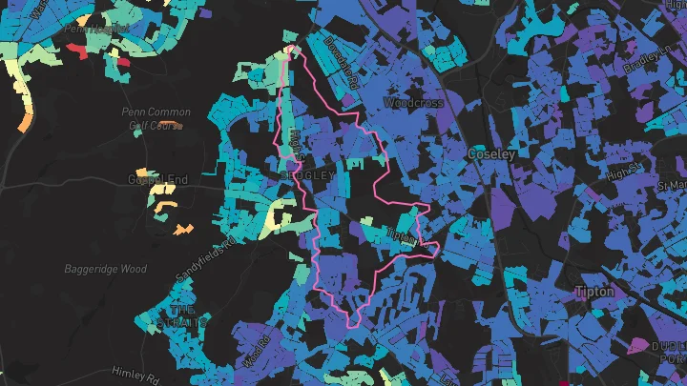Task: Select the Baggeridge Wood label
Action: coord(105,269)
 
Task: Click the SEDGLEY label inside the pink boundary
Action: coord(308,176)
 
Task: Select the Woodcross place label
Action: coord(407,101)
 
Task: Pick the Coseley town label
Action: coord(492,153)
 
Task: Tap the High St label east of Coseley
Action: coord(625,171)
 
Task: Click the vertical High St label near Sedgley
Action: coord(296,144)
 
